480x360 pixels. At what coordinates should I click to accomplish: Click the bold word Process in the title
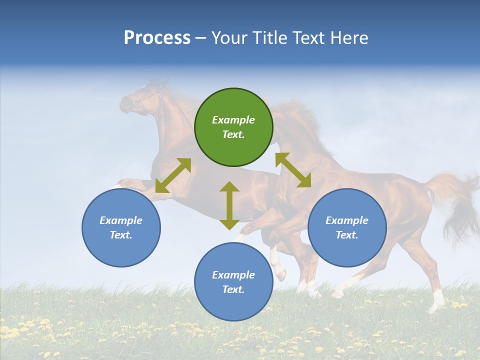[x=157, y=38]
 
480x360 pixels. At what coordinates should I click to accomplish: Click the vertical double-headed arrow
[x=229, y=205]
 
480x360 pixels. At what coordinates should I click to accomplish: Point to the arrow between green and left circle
[x=173, y=175]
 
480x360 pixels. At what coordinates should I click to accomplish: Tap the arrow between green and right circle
[x=293, y=170]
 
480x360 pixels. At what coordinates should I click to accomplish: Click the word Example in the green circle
[x=233, y=120]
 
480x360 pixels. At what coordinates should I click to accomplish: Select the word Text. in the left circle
[x=121, y=235]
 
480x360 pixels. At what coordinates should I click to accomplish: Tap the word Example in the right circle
[x=347, y=220]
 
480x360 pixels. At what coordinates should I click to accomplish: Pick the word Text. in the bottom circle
[x=233, y=289]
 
